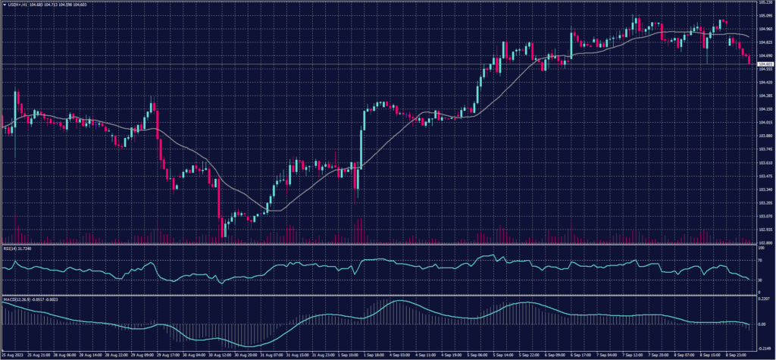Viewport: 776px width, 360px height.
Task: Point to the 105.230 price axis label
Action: coord(765,3)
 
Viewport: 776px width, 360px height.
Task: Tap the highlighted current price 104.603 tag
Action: coord(765,64)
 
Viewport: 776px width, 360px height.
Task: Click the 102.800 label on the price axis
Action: coord(765,243)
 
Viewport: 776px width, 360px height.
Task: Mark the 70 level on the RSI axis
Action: coord(760,259)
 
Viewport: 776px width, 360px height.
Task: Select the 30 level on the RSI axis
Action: coord(760,280)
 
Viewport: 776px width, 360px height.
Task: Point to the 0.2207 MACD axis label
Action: coord(763,301)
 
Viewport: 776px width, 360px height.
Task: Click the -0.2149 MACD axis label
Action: coord(764,347)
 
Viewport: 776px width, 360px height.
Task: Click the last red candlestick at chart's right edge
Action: coord(749,60)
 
